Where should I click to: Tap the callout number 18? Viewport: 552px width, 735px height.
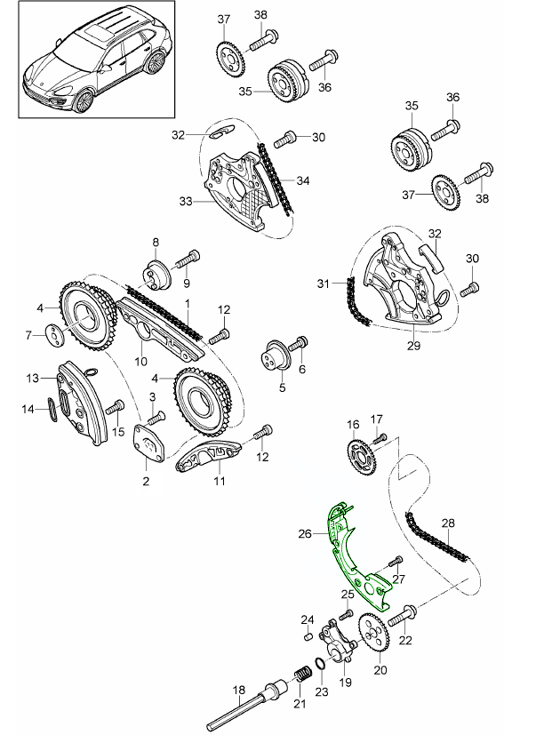point(237,690)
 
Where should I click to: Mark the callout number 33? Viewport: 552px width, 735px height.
point(185,202)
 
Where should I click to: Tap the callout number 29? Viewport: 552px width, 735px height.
point(413,345)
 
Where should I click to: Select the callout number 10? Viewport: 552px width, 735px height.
point(140,361)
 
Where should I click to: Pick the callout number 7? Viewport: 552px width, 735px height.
point(28,335)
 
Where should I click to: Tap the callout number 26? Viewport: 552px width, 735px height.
point(305,534)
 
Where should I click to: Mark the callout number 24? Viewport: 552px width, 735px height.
point(306,619)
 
